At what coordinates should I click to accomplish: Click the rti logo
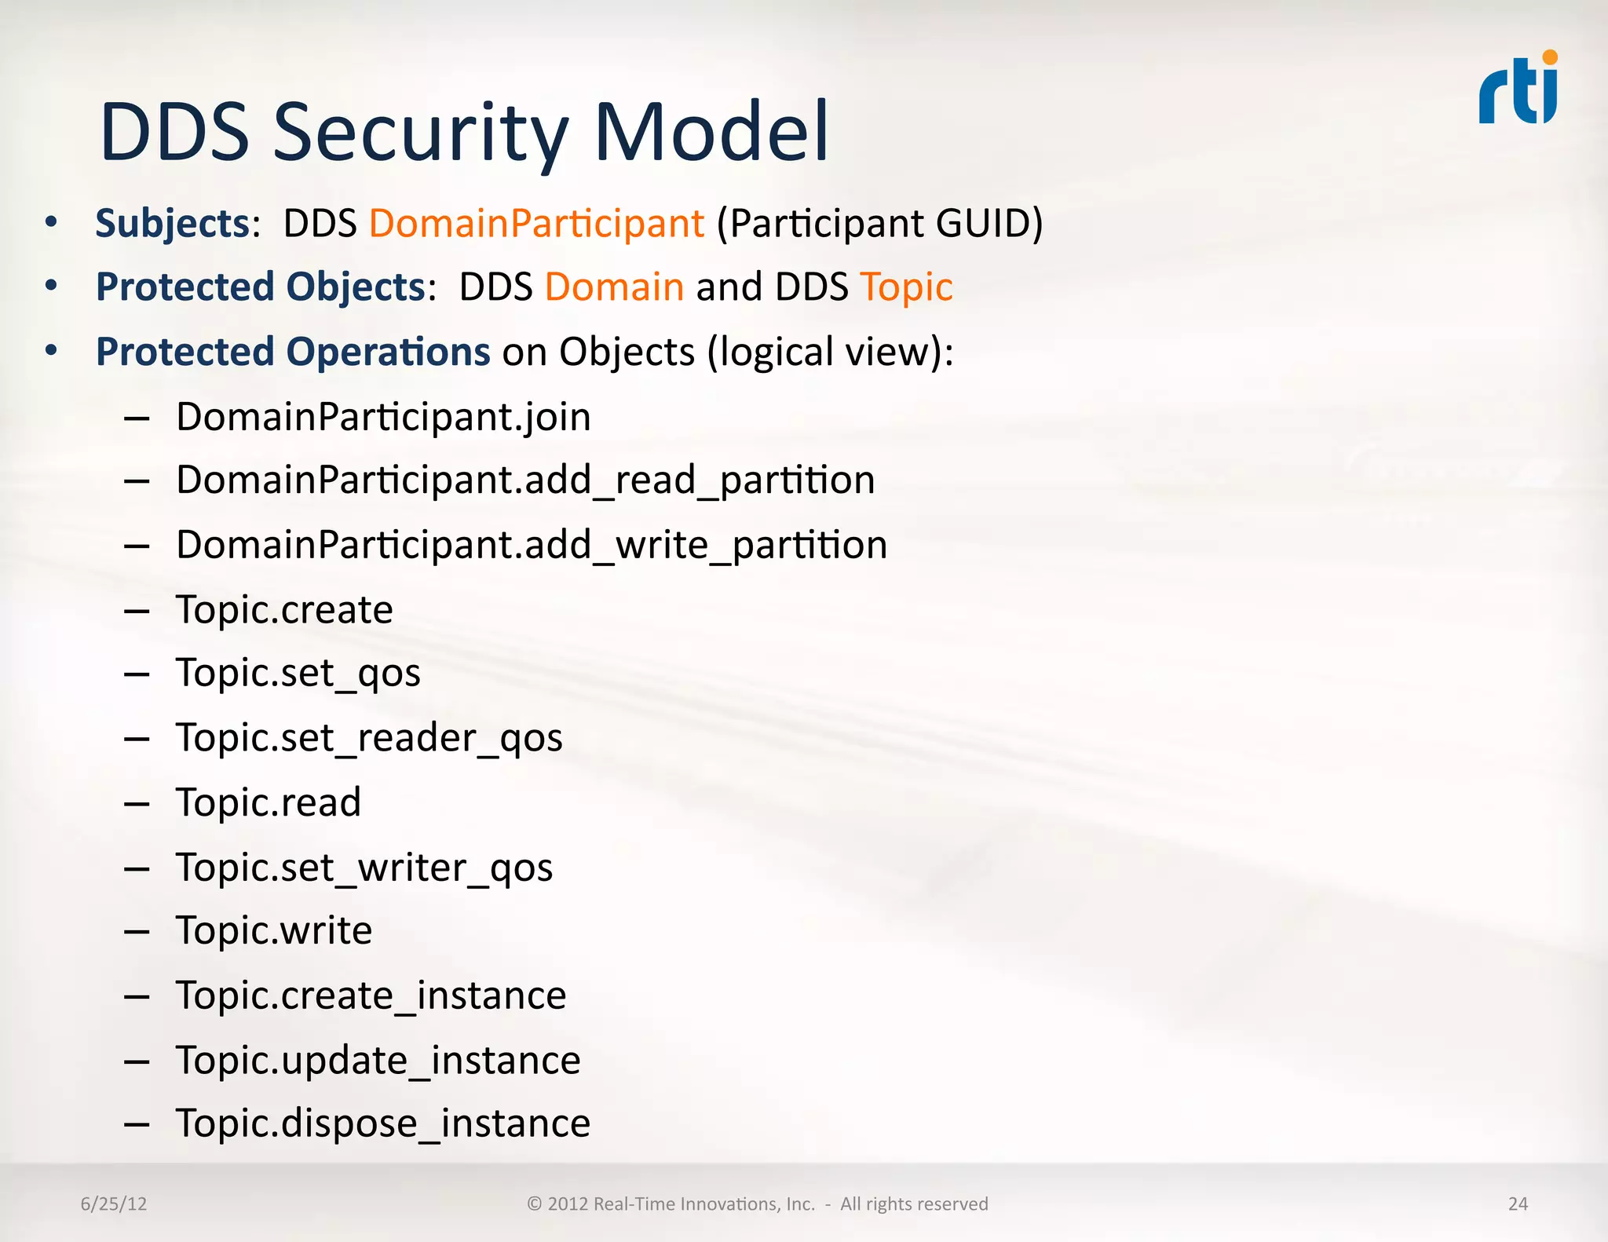click(1518, 88)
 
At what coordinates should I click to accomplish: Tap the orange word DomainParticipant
click(536, 223)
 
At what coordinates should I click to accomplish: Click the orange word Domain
click(614, 287)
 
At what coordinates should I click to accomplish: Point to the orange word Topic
click(906, 287)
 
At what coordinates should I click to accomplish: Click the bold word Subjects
click(172, 223)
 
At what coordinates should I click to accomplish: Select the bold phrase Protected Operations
click(293, 352)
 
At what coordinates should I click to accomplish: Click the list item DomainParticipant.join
click(383, 417)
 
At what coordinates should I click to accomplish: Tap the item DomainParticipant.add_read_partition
click(525, 480)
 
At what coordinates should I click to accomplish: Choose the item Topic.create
click(284, 609)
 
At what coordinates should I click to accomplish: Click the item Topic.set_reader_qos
click(369, 738)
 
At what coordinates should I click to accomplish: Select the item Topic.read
click(269, 802)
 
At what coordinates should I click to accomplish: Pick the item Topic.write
click(274, 930)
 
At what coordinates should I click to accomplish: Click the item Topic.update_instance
click(378, 1060)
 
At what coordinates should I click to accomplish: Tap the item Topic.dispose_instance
click(382, 1123)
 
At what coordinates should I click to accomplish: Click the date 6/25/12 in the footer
click(114, 1204)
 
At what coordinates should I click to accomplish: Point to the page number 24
click(1518, 1204)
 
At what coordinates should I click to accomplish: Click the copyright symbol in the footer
click(535, 1204)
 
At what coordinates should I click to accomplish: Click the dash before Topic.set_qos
click(137, 674)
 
